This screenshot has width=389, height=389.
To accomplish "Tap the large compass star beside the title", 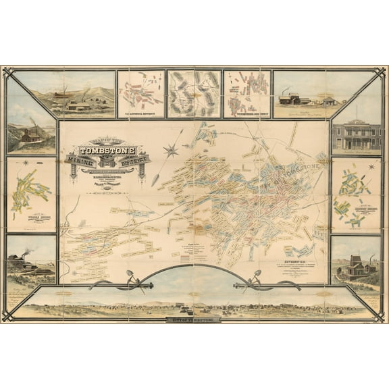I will pyautogui.click(x=171, y=150).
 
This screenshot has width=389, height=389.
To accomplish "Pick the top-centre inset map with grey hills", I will pyautogui.click(x=194, y=93).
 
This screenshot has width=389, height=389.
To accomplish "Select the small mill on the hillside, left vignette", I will pyautogui.click(x=29, y=136).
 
